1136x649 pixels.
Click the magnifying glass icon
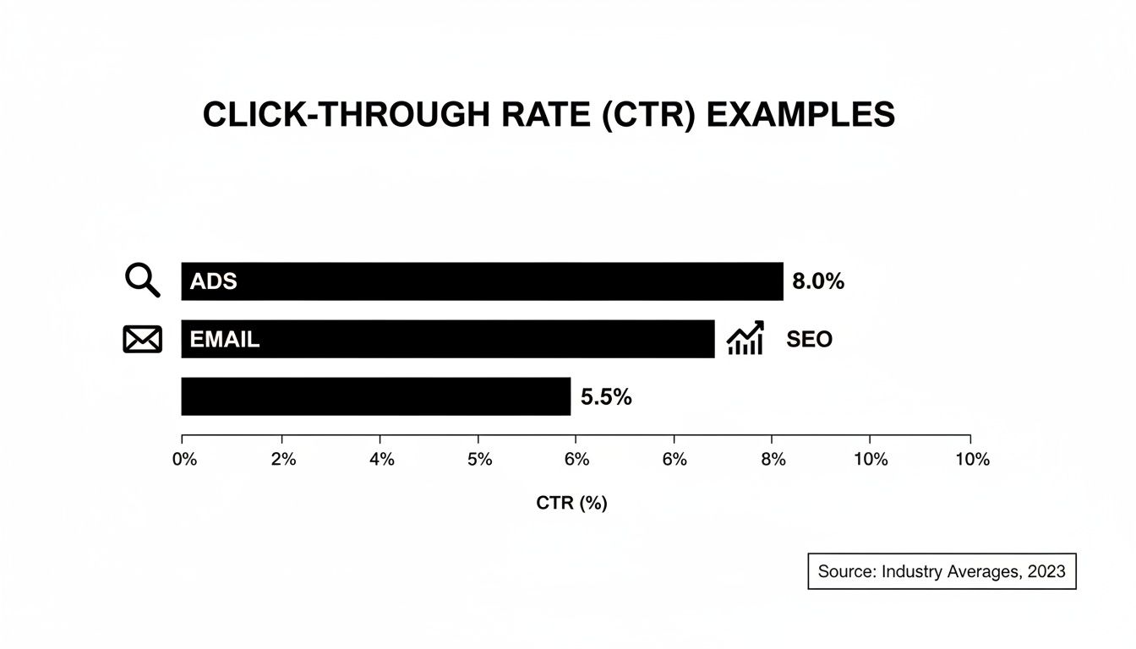[142, 280]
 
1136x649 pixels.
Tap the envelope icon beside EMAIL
[142, 340]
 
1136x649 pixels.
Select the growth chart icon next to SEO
[745, 338]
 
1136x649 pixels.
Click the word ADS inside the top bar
[214, 282]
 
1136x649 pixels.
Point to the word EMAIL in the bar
[225, 340]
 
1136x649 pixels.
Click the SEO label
[809, 340]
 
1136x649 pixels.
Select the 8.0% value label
[818, 282]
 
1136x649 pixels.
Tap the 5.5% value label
[606, 397]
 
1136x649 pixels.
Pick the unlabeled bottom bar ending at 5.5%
[375, 396]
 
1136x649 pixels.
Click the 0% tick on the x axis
[184, 460]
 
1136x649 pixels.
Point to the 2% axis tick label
[283, 460]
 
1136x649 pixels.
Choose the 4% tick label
[381, 460]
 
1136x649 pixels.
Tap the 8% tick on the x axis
[773, 460]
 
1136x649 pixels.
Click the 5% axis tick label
[479, 460]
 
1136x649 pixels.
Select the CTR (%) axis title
[571, 504]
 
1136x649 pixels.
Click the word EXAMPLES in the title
[800, 115]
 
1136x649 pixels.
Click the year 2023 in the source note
[1046, 571]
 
